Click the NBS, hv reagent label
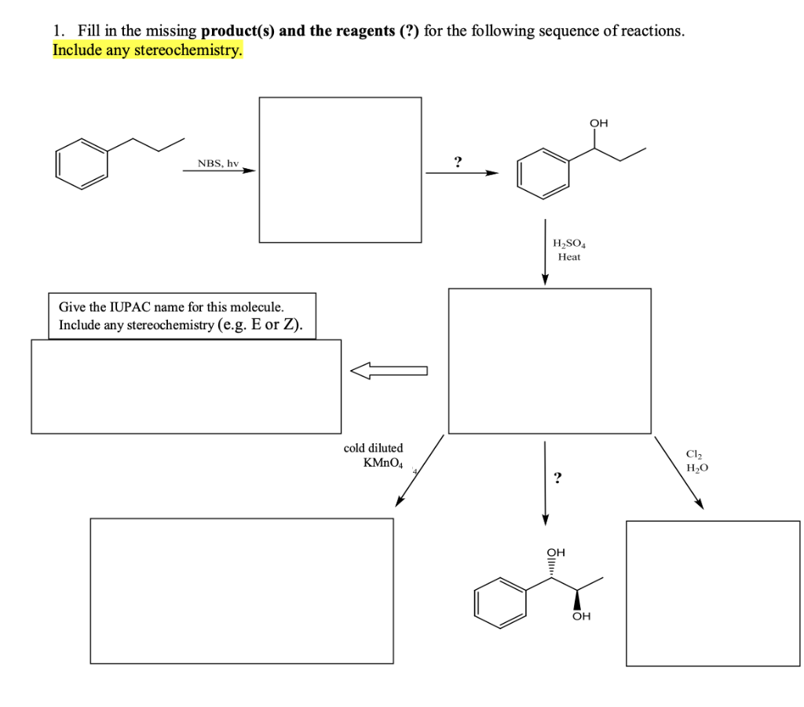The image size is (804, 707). point(217,163)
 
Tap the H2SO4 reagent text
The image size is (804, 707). point(569,244)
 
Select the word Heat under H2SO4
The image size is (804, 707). point(569,257)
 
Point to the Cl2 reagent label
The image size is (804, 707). point(693,454)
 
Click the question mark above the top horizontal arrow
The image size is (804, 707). point(458,162)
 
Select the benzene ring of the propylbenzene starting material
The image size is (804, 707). point(81,163)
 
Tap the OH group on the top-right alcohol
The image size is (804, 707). point(598,123)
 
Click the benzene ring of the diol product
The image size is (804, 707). point(499,603)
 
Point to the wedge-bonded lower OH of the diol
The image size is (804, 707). point(581,616)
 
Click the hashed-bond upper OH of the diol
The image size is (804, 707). point(556,552)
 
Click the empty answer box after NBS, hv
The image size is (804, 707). point(340,170)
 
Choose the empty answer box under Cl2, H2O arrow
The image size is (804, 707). point(712,593)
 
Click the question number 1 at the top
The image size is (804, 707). point(57,31)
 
